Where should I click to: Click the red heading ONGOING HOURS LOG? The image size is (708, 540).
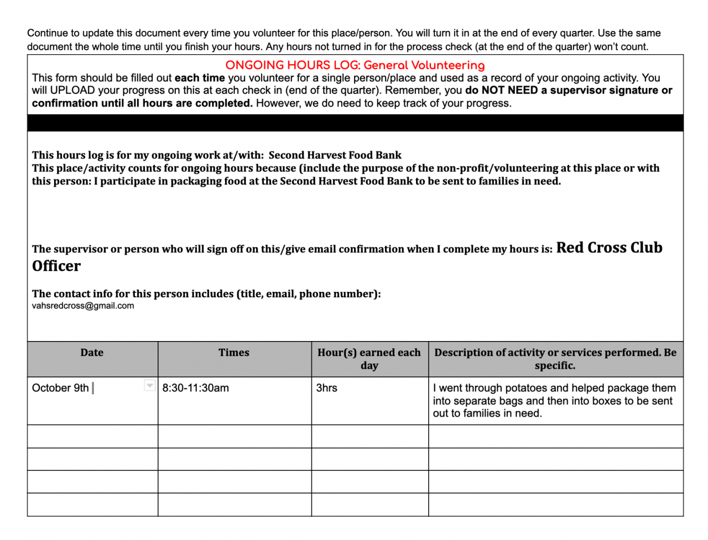pyautogui.click(x=293, y=65)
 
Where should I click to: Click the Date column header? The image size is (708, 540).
pyautogui.click(x=92, y=353)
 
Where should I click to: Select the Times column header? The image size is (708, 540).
pyautogui.click(x=234, y=353)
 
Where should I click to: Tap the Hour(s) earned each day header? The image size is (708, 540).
pyautogui.click(x=369, y=359)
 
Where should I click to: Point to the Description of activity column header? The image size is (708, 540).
pyautogui.click(x=555, y=359)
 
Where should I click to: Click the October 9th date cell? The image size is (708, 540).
pyautogui.click(x=60, y=388)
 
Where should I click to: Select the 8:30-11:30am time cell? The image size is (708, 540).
pyautogui.click(x=196, y=388)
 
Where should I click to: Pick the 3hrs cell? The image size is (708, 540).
pyautogui.click(x=326, y=388)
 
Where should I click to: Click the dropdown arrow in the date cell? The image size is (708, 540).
pyautogui.click(x=149, y=385)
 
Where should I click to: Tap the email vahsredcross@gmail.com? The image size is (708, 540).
pyautogui.click(x=83, y=306)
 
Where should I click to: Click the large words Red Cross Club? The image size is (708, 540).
pyautogui.click(x=609, y=248)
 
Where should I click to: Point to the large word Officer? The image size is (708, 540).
pyautogui.click(x=56, y=266)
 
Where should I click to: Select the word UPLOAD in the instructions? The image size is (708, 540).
pyautogui.click(x=72, y=91)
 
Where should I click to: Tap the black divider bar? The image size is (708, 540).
pyautogui.click(x=355, y=123)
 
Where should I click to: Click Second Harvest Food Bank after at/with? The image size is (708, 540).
pyautogui.click(x=335, y=155)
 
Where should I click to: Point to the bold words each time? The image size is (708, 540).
pyautogui.click(x=200, y=78)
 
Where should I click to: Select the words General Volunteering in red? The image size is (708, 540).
pyautogui.click(x=424, y=65)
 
